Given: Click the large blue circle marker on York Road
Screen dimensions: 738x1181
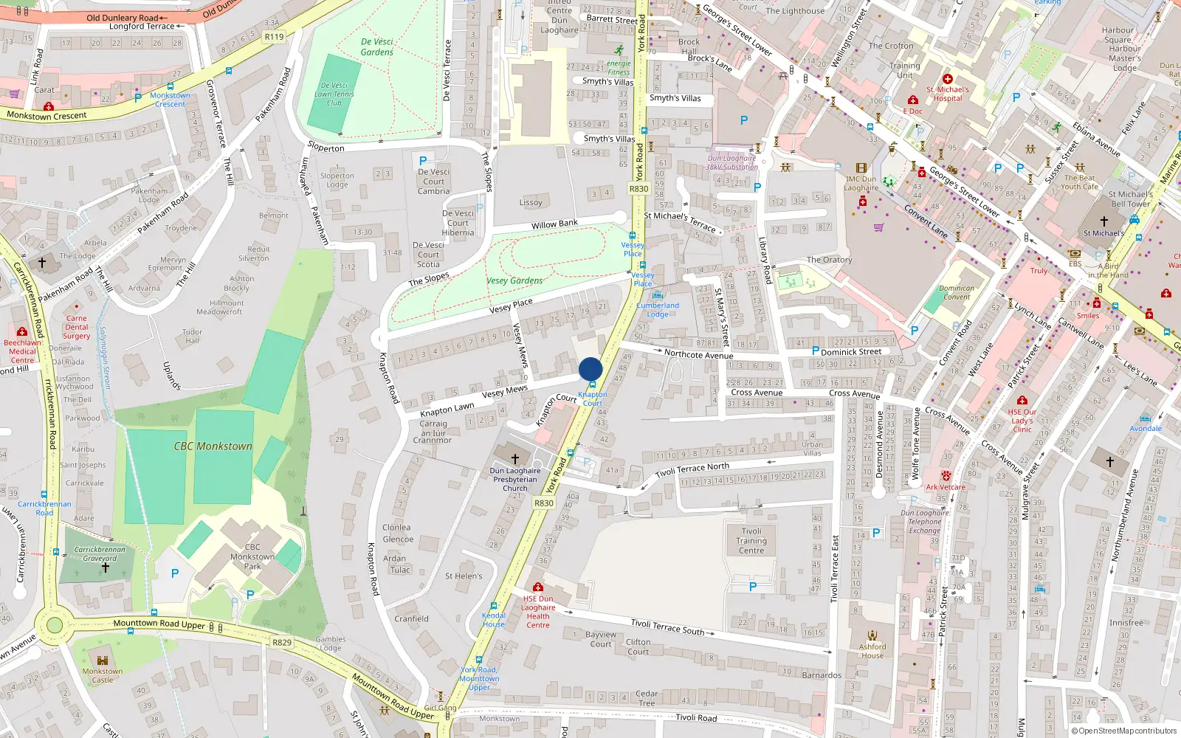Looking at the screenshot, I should pyautogui.click(x=590, y=369).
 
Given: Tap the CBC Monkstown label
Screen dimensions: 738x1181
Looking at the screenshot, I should pyautogui.click(x=213, y=446).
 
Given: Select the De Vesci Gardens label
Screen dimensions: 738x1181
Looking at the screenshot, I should pyautogui.click(x=377, y=47).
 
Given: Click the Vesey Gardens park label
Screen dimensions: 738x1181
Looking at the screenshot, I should pyautogui.click(x=514, y=280).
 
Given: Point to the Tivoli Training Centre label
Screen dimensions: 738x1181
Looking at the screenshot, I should pyautogui.click(x=751, y=541).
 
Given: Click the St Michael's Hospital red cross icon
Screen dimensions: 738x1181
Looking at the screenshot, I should pyautogui.click(x=948, y=79).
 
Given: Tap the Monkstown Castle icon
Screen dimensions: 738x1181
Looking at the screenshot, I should pyautogui.click(x=103, y=661).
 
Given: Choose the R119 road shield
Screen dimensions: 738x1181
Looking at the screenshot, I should pyautogui.click(x=274, y=37).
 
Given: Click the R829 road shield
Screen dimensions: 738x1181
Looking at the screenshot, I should pyautogui.click(x=282, y=642).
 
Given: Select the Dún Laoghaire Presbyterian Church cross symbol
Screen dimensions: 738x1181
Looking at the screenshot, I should pyautogui.click(x=515, y=458).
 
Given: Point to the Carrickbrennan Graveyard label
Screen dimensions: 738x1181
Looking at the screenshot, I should pyautogui.click(x=100, y=553).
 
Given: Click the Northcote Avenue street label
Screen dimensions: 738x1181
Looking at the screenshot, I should pyautogui.click(x=698, y=354).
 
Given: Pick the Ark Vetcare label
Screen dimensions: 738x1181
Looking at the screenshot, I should pyautogui.click(x=946, y=487).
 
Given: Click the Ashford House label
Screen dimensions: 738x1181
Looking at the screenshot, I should pyautogui.click(x=872, y=651).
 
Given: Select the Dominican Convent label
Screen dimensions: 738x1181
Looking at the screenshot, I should pyautogui.click(x=957, y=293).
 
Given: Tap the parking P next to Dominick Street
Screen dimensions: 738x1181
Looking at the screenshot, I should pyautogui.click(x=816, y=351).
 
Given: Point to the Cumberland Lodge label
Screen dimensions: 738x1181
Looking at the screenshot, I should pyautogui.click(x=658, y=310).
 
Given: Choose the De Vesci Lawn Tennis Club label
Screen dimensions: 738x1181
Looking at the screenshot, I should pyautogui.click(x=334, y=94).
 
